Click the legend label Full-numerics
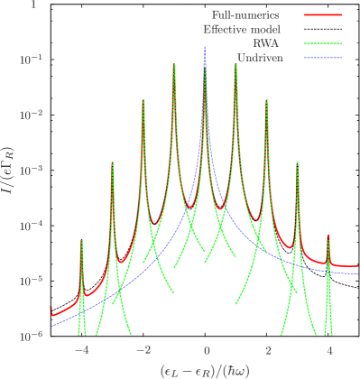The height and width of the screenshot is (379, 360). [245, 15]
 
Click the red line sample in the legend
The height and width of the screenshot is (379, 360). [322, 15]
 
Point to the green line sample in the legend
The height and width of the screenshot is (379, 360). [322, 43]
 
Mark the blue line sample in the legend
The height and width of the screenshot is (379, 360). [322, 58]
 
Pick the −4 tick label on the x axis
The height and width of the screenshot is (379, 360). [81, 350]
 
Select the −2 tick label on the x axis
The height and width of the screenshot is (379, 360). [143, 350]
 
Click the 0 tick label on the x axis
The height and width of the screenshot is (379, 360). [207, 350]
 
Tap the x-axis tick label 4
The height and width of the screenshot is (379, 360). [330, 350]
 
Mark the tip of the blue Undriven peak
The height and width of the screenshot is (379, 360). [205, 47]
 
